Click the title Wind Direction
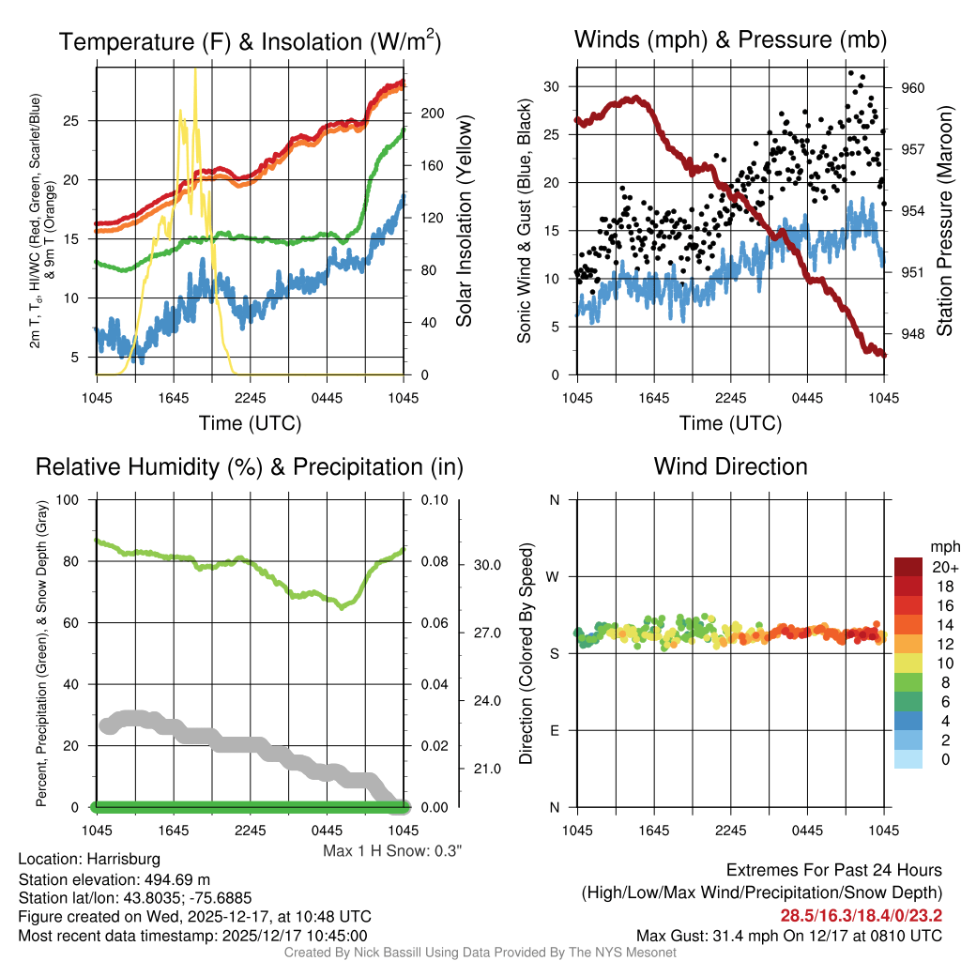[x=730, y=466]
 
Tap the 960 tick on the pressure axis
[x=913, y=88]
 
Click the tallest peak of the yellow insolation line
[x=195, y=71]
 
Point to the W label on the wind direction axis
[x=555, y=576]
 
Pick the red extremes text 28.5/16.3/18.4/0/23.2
[x=861, y=915]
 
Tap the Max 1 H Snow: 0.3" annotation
[x=392, y=851]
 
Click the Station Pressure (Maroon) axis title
[x=944, y=221]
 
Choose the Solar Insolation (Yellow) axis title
[x=464, y=221]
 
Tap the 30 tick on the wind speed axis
[x=552, y=86]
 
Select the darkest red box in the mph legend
[x=908, y=567]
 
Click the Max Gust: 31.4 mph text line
[x=788, y=936]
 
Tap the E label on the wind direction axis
[x=555, y=730]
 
